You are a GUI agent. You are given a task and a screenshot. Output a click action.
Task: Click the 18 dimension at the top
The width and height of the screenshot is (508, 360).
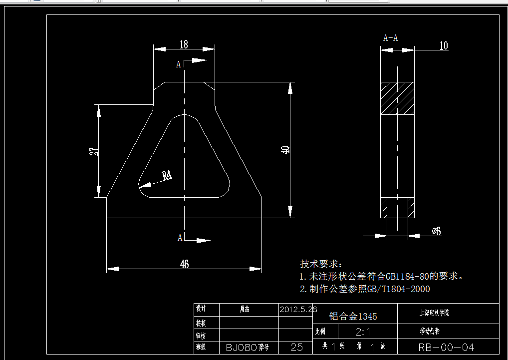tap(184, 44)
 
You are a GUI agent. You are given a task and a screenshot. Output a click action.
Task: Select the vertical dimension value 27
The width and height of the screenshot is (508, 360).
tap(93, 151)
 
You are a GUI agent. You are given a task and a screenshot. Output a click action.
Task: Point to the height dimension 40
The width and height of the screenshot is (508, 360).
tap(285, 150)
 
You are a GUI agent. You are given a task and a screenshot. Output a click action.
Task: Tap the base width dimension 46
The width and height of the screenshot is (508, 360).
tap(184, 264)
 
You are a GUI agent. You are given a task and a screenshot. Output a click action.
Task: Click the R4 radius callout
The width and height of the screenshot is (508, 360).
tap(167, 175)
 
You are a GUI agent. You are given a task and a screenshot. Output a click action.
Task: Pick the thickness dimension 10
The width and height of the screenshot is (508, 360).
tap(443, 46)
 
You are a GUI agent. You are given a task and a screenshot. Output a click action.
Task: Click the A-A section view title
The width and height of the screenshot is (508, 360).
tap(390, 37)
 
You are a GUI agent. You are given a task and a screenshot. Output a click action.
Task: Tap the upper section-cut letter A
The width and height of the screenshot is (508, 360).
tap(179, 64)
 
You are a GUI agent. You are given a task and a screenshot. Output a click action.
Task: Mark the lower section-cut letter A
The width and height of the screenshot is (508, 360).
tap(180, 238)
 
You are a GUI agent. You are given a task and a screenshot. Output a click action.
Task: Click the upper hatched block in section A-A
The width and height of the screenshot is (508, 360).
tap(397, 98)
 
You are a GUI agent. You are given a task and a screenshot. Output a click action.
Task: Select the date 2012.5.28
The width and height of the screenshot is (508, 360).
tap(298, 309)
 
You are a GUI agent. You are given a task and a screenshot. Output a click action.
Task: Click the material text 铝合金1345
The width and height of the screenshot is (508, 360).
tap(353, 316)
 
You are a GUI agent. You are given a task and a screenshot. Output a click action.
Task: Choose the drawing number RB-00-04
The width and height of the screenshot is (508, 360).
tap(447, 347)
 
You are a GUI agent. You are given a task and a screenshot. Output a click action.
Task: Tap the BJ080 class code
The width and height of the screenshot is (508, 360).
tap(241, 347)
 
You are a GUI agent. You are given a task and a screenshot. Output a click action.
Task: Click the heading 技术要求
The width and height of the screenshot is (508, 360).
tap(319, 264)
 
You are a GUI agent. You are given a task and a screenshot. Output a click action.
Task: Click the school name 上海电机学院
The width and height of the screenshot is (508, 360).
tap(434, 314)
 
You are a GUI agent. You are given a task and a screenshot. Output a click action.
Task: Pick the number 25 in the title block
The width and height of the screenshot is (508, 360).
tap(296, 347)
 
